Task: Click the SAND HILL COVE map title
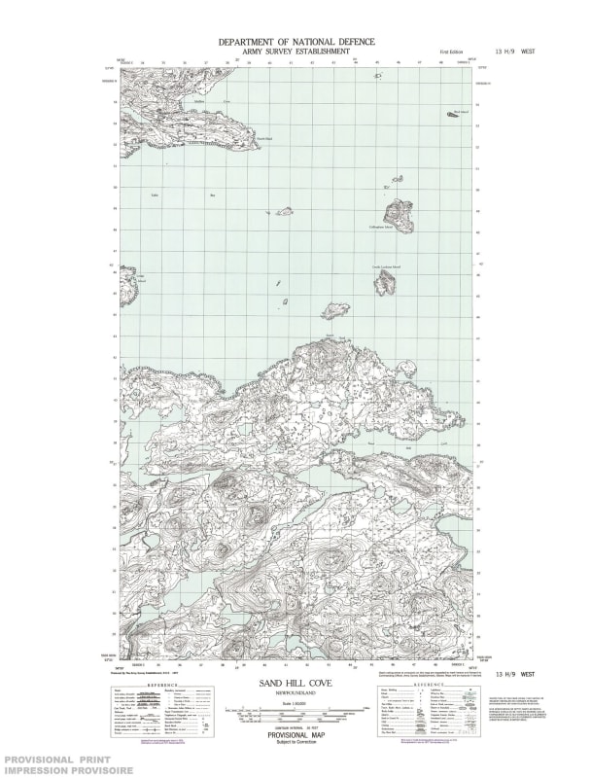295,685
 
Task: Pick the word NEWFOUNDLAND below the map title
295,695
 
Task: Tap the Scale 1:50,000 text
295,704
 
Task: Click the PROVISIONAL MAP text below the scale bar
295,735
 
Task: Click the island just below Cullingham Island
386,282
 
